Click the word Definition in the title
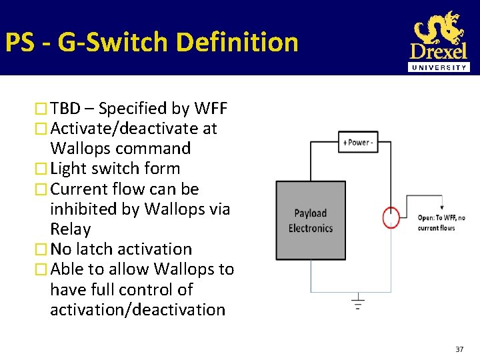click(237, 42)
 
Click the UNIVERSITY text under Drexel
click(439, 67)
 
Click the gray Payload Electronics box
click(311, 220)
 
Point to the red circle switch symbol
click(391, 217)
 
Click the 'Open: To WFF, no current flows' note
click(441, 223)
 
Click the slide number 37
click(459, 349)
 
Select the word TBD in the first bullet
click(65, 108)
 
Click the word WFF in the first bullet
click(211, 108)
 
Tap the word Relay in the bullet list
click(70, 229)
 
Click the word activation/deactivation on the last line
click(137, 309)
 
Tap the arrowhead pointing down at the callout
click(441, 208)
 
